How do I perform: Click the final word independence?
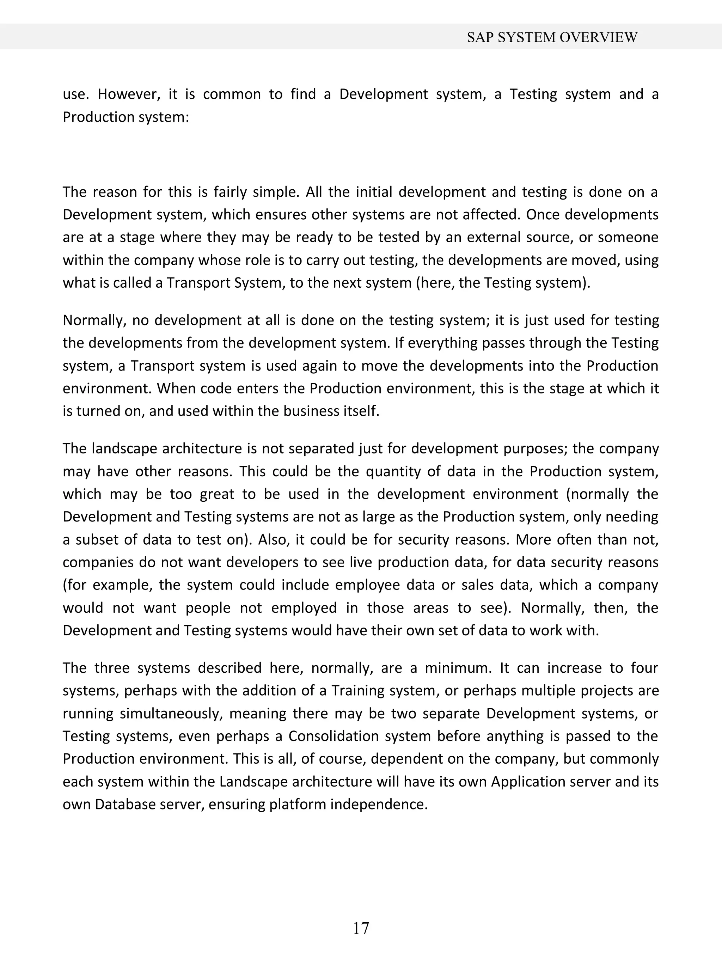click(x=379, y=805)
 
